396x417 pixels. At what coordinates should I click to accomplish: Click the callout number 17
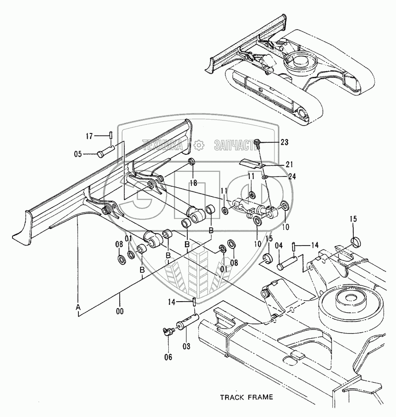coord(90,136)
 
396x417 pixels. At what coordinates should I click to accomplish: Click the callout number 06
coord(168,357)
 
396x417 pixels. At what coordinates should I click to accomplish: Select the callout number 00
coord(120,311)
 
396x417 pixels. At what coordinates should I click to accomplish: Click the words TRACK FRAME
coord(246,397)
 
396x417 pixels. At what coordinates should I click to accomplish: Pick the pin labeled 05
coord(106,152)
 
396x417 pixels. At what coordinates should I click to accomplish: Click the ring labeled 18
coord(191,162)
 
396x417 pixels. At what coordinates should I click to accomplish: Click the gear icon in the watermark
coord(199,145)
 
